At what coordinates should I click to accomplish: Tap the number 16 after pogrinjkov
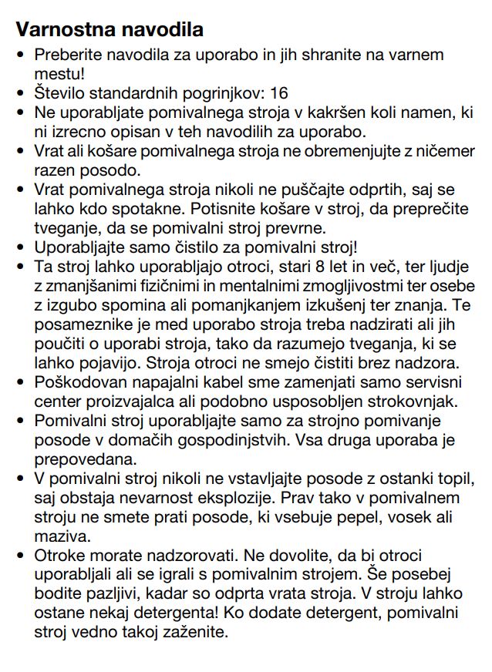[278, 92]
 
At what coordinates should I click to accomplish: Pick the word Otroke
[58, 554]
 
